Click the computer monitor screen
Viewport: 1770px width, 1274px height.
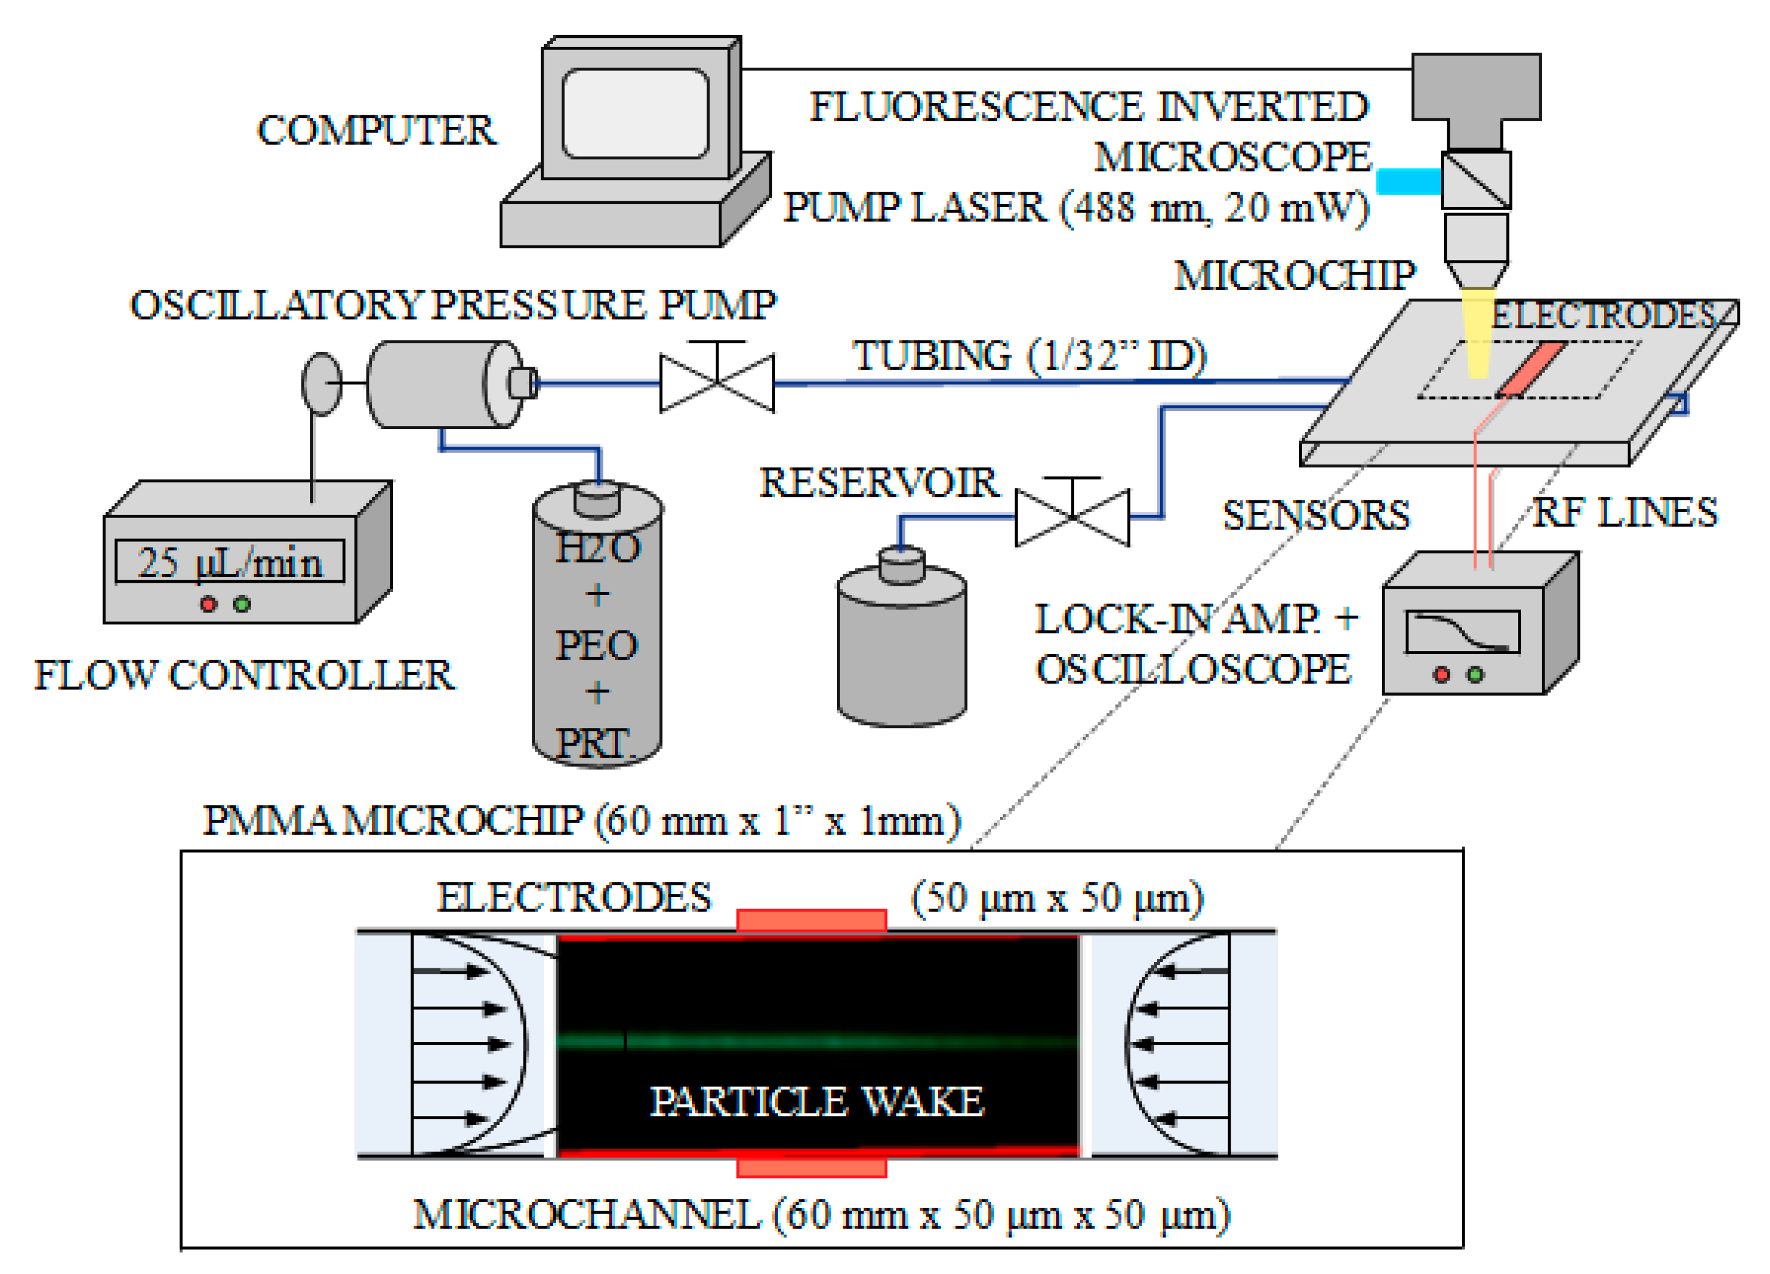635,113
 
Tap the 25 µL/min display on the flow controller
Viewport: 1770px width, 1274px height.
229,561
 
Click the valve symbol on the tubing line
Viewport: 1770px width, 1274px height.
716,382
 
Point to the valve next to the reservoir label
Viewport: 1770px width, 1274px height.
1071,517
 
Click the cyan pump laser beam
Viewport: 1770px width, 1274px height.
1407,181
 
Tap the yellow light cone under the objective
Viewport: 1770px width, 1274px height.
1477,336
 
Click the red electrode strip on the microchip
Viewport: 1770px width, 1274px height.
1530,368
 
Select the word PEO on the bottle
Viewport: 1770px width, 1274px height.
596,645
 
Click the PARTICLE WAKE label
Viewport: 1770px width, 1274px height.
816,1101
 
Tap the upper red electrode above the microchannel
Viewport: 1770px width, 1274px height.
811,920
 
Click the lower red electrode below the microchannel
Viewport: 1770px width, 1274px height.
811,1167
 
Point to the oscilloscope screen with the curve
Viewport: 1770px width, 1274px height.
1462,631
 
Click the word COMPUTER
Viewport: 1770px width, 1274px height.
376,131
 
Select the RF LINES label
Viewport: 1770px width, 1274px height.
1625,513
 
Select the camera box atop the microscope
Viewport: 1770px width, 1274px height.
1475,86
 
